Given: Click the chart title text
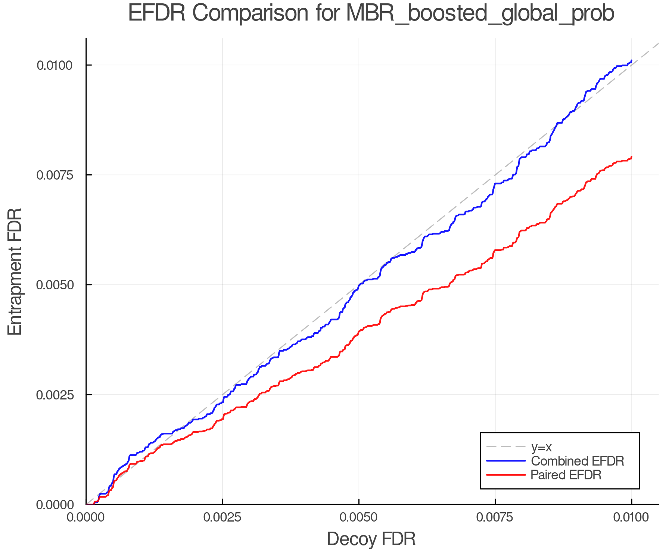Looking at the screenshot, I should click(x=371, y=13).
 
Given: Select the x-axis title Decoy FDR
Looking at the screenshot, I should click(x=371, y=539).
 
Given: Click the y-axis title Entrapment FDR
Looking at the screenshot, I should click(x=15, y=271).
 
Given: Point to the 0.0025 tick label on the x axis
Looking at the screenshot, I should click(x=223, y=517).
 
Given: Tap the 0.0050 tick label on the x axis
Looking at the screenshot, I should click(x=359, y=517).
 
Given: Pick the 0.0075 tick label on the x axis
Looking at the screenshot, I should click(x=495, y=517).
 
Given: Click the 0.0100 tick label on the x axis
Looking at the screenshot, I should click(x=631, y=517).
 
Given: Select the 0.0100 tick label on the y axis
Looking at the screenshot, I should click(x=54, y=65).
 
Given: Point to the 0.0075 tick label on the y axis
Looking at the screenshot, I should click(x=54, y=175).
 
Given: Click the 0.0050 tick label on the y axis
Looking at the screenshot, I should click(x=54, y=285).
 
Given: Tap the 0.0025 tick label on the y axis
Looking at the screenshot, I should click(x=54, y=395).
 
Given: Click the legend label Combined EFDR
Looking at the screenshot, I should click(x=577, y=461).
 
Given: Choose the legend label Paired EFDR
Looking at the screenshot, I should click(x=566, y=475).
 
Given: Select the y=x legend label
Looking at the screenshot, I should click(x=541, y=447).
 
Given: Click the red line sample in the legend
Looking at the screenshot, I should click(x=506, y=475).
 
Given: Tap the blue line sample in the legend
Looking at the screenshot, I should click(x=506, y=461).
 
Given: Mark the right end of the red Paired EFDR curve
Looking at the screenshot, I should click(x=631, y=157).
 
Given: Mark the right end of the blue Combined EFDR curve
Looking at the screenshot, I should click(x=631, y=61).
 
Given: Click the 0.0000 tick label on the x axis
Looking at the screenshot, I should click(x=86, y=517).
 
